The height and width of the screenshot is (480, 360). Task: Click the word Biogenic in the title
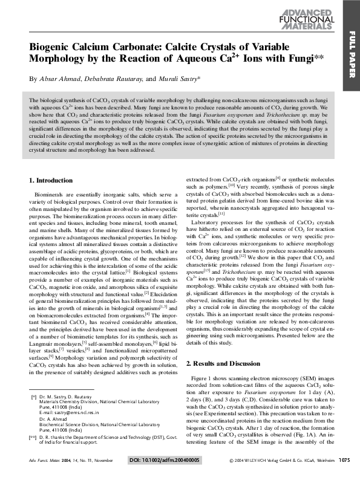tap(54, 47)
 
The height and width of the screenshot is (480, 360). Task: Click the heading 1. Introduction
tap(51, 180)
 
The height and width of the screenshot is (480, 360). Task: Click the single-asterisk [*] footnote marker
tap(33, 396)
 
